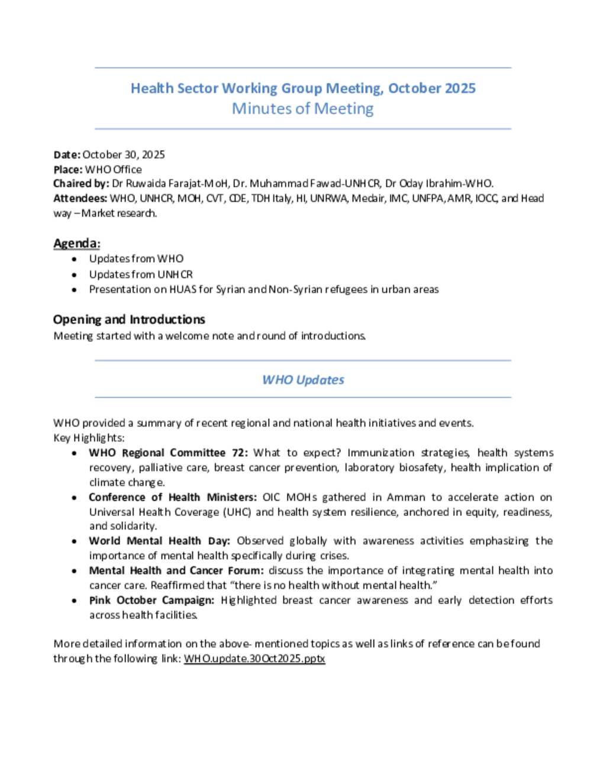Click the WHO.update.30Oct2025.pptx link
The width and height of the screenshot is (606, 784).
tap(254, 659)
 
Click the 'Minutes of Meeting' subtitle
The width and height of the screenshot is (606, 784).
tap(302, 109)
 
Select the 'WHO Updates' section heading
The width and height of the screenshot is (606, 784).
tap(303, 380)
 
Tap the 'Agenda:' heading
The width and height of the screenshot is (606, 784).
tap(77, 243)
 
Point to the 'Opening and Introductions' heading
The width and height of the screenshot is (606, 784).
tap(129, 320)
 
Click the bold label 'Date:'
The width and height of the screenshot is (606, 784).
tap(66, 154)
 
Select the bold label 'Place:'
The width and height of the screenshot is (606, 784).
tap(68, 169)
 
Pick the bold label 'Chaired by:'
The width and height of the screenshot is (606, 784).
tap(81, 183)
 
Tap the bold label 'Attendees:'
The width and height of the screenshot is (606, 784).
tap(80, 198)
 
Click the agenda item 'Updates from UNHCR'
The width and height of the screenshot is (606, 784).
tap(141, 275)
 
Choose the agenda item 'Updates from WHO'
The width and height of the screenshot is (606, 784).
tap(136, 259)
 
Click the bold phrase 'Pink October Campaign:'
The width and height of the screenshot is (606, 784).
tap(151, 600)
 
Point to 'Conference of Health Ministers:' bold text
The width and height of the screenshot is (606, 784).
tap(173, 497)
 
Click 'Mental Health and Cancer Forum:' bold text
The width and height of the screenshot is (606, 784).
tap(176, 570)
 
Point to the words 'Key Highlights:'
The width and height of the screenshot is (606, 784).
tap(89, 438)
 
